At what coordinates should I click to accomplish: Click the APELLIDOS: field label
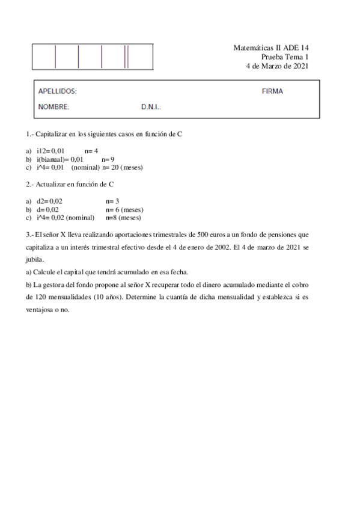point(57,91)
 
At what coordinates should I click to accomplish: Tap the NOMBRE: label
point(53,107)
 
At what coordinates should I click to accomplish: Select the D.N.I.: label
point(151,107)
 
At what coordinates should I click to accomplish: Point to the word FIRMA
point(272,91)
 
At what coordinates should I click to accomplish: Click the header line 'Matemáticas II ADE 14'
point(270,48)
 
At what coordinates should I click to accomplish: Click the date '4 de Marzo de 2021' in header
point(277,66)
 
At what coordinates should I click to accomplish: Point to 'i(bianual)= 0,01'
point(59,159)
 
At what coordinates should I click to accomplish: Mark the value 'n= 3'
point(112,201)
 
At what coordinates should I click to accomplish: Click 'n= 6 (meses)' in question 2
point(124,209)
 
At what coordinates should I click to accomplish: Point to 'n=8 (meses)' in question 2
point(123,218)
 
